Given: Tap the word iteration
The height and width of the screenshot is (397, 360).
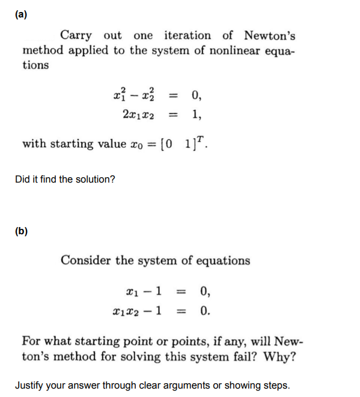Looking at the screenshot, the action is [188, 35].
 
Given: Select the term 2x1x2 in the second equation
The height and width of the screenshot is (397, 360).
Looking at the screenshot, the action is [138, 115].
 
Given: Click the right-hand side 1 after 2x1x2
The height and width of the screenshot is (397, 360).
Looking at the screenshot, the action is [197, 115].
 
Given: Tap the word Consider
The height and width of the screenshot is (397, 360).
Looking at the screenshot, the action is [85, 261].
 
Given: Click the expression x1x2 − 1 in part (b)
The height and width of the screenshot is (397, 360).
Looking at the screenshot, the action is [136, 311].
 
